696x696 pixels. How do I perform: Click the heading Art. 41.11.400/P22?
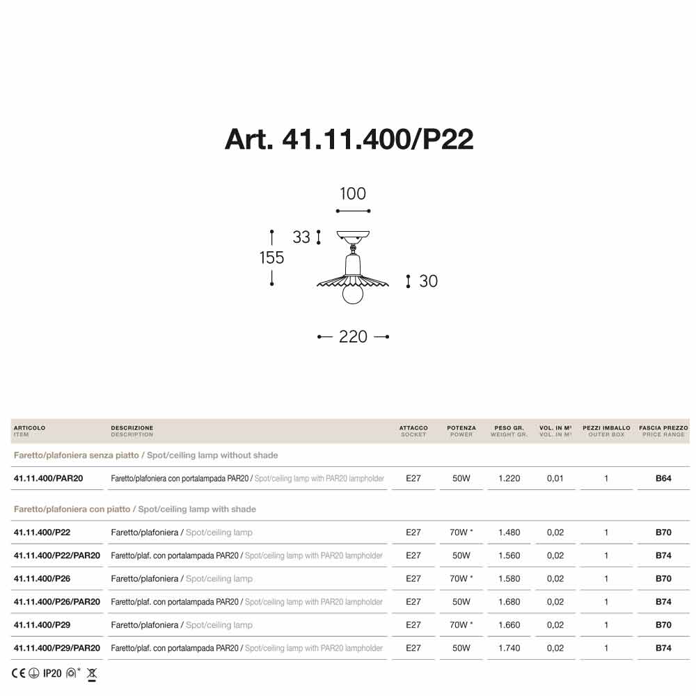[x=349, y=139]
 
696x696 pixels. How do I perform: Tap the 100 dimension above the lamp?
[x=353, y=194]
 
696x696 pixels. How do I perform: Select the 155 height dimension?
[x=271, y=258]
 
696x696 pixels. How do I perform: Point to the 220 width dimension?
[x=353, y=337]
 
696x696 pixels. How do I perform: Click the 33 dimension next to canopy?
[x=301, y=237]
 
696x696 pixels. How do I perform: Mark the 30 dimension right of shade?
[x=428, y=281]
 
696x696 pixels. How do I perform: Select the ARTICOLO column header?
[x=30, y=428]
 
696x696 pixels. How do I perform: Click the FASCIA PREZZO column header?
[x=663, y=428]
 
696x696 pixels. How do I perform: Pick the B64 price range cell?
[x=663, y=479]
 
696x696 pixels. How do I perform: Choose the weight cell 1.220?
[x=509, y=479]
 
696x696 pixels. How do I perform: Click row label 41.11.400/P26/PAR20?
[x=57, y=602]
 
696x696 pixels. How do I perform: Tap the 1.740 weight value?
[x=509, y=648]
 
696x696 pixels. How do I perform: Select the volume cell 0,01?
[x=555, y=479]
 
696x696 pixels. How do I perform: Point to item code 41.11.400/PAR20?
[x=48, y=479]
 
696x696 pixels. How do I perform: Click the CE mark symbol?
[x=19, y=673]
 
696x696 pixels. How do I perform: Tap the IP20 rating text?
[x=52, y=673]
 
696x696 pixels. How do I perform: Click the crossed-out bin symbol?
[x=92, y=674]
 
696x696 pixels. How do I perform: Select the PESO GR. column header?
[x=509, y=428]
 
